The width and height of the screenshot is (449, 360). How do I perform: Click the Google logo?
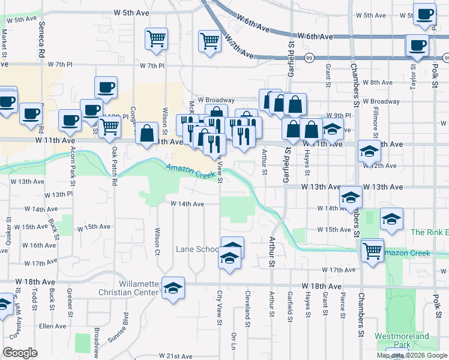pos(20,353)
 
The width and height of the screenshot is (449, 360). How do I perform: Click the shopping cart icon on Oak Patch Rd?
pos(109,128)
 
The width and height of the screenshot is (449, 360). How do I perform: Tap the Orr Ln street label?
pos(233,340)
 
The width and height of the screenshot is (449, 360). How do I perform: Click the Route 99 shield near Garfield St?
pos(309,58)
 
